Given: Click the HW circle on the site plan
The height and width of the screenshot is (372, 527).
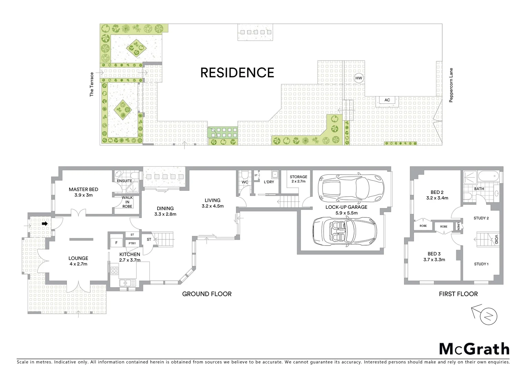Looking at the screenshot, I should pyautogui.click(x=359, y=78).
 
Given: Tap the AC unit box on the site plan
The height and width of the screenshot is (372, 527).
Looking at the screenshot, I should pyautogui.click(x=387, y=100).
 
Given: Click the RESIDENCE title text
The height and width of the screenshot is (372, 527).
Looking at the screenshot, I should pyautogui.click(x=237, y=73).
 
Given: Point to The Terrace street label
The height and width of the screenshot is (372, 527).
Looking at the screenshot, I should pyautogui.click(x=92, y=84).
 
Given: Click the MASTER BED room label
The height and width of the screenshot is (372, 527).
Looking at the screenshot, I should pyautogui.click(x=83, y=189).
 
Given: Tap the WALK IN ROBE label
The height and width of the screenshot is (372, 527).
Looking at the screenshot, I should pyautogui.click(x=127, y=202).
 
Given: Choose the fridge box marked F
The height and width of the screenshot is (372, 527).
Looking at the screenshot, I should pyautogui.click(x=116, y=243).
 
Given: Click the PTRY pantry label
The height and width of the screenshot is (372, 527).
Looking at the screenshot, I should pyautogui.click(x=132, y=243).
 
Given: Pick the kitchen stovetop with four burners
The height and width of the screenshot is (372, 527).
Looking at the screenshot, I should pyautogui.click(x=114, y=271).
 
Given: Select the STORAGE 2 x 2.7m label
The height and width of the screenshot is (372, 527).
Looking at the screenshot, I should pyautogui.click(x=298, y=179).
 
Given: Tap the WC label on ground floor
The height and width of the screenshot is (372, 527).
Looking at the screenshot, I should pyautogui.click(x=245, y=182).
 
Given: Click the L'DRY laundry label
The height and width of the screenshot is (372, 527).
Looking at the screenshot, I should pyautogui.click(x=269, y=182).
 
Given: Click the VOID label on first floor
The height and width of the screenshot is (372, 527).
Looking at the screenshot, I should pyautogui.click(x=496, y=240).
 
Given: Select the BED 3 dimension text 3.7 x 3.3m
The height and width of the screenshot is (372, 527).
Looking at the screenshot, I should pyautogui.click(x=434, y=260).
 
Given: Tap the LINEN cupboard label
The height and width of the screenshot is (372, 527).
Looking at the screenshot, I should pyautogui.click(x=459, y=226).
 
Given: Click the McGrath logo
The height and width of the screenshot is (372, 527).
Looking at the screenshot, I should pyautogui.click(x=474, y=349).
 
